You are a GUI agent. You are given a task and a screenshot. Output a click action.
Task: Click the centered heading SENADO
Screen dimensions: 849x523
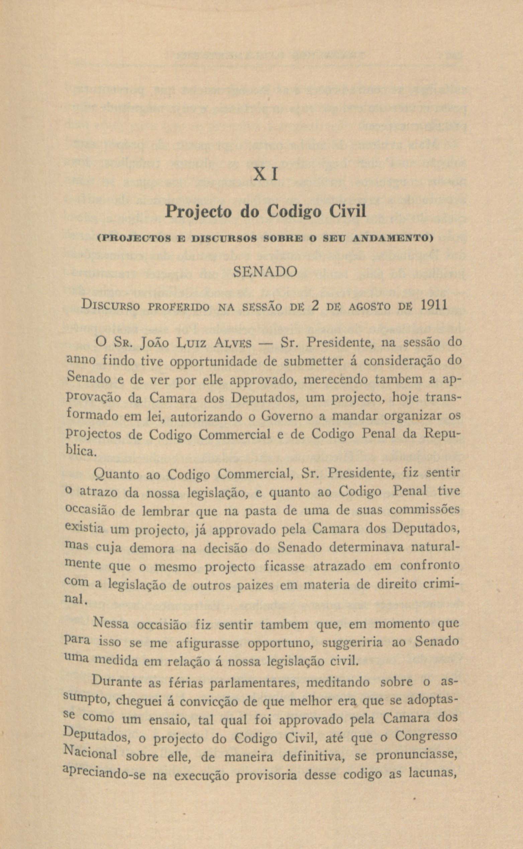pyautogui.click(x=266, y=272)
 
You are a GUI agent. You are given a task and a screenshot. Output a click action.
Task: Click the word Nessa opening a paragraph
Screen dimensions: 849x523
pyautogui.click(x=111, y=624)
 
